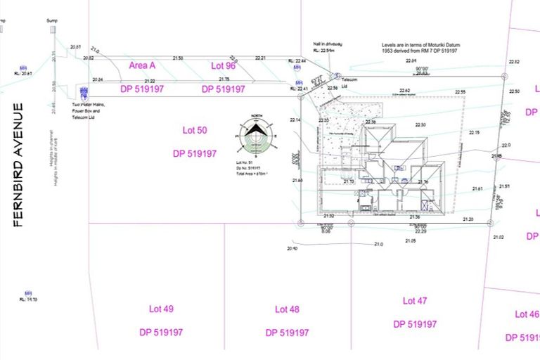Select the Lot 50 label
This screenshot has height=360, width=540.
point(195,131)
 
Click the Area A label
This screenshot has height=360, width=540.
point(142,65)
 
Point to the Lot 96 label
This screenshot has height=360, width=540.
point(223,65)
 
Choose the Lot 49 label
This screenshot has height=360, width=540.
point(161,309)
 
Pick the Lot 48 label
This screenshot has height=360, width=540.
point(287,309)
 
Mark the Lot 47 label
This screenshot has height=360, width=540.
point(415,301)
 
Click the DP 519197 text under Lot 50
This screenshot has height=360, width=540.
point(195,153)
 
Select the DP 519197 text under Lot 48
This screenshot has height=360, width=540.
point(287,333)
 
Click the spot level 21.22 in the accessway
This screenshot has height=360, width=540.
point(150,82)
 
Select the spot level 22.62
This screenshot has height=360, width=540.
point(405,91)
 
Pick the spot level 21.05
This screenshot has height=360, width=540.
point(411,240)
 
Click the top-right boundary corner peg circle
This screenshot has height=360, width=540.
point(505,77)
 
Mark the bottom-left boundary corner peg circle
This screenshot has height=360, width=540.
point(301,224)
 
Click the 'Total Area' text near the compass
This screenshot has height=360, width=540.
point(252,173)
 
